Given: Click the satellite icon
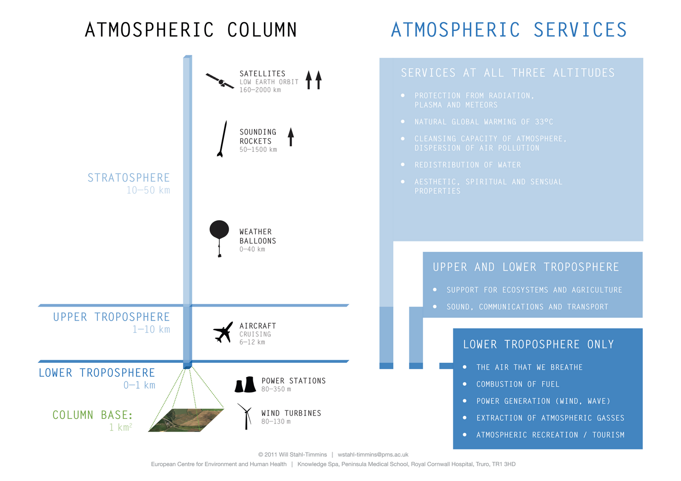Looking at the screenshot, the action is pos(220,81).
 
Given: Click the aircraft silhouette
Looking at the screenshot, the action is pos(223,332).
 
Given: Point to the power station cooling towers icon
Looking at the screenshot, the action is pos(245,384).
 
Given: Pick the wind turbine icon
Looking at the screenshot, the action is pos(246,416).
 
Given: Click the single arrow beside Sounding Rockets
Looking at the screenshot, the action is pos(291,137).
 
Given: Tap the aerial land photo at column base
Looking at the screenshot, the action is pos(186,420).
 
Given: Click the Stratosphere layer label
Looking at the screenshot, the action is pos(129,178).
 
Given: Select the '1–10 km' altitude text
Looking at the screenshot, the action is pos(151,330).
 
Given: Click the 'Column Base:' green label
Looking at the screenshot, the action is pos(92,415).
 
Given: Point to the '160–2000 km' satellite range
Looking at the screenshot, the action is pos(260,90).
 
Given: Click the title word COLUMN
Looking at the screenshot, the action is pos(262,30).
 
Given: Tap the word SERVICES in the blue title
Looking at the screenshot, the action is pos(580,30).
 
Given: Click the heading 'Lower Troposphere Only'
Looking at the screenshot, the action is pos(538,344).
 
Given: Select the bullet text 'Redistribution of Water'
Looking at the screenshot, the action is pos(468,165).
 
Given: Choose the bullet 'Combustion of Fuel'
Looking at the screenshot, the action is pos(518,384).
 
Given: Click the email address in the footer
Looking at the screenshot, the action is pos(373,455).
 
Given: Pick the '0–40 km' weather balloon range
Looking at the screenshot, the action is pos(252,250).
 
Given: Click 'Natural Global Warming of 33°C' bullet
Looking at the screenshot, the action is pos(484,122).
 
